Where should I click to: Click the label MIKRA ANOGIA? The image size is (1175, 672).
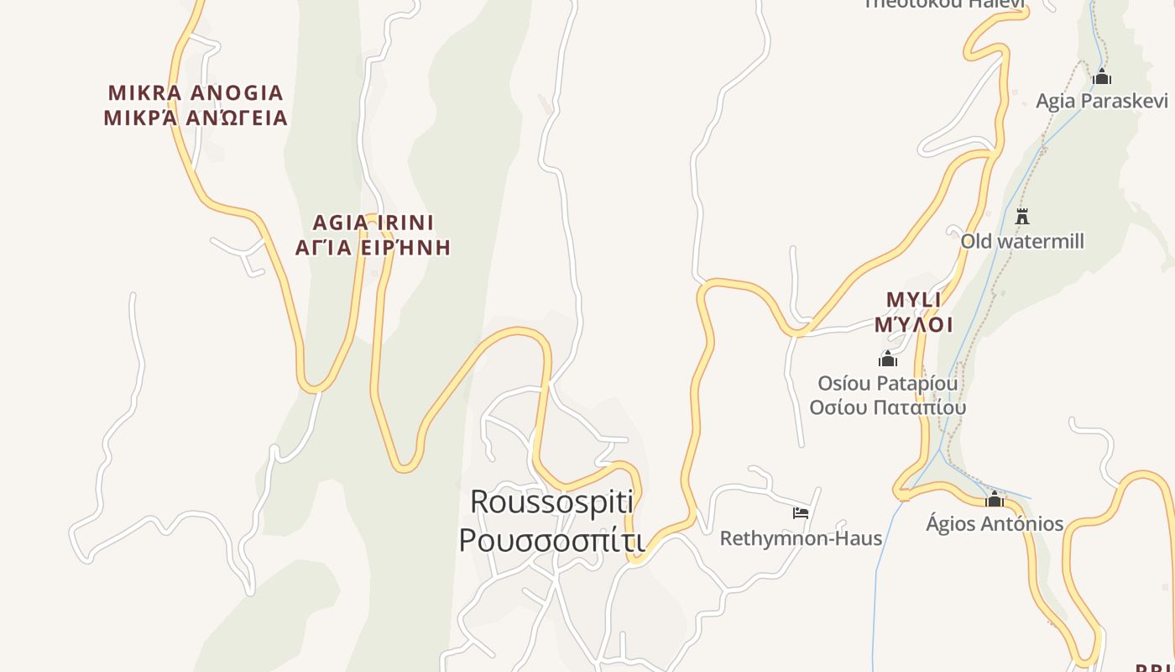click(x=196, y=92)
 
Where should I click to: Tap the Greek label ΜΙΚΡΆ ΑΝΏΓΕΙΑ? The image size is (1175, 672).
click(x=196, y=118)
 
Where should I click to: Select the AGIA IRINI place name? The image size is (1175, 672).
click(x=373, y=223)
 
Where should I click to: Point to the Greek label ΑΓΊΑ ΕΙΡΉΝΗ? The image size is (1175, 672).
click(x=373, y=247)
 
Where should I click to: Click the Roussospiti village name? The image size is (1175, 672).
click(x=551, y=501)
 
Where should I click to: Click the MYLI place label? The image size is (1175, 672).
click(x=913, y=300)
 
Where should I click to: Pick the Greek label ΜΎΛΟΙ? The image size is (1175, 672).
click(x=913, y=324)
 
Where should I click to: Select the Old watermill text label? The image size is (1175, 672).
click(x=1022, y=241)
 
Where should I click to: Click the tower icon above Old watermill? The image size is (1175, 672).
click(x=1022, y=216)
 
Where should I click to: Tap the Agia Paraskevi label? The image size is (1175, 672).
click(x=1101, y=101)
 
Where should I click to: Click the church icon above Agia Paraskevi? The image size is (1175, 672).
click(x=1102, y=77)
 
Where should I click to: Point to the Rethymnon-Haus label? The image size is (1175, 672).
click(x=801, y=538)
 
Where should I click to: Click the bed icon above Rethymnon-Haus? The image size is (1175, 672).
click(x=801, y=512)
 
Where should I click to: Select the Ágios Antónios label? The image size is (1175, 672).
click(x=995, y=523)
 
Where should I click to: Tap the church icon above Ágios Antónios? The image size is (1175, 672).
click(x=995, y=500)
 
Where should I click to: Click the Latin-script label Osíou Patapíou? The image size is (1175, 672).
click(x=887, y=383)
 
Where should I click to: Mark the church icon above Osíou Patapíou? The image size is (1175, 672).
click(x=887, y=360)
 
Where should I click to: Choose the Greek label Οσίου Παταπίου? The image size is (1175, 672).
click(x=887, y=407)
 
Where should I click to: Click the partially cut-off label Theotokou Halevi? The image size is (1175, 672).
click(x=944, y=4)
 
